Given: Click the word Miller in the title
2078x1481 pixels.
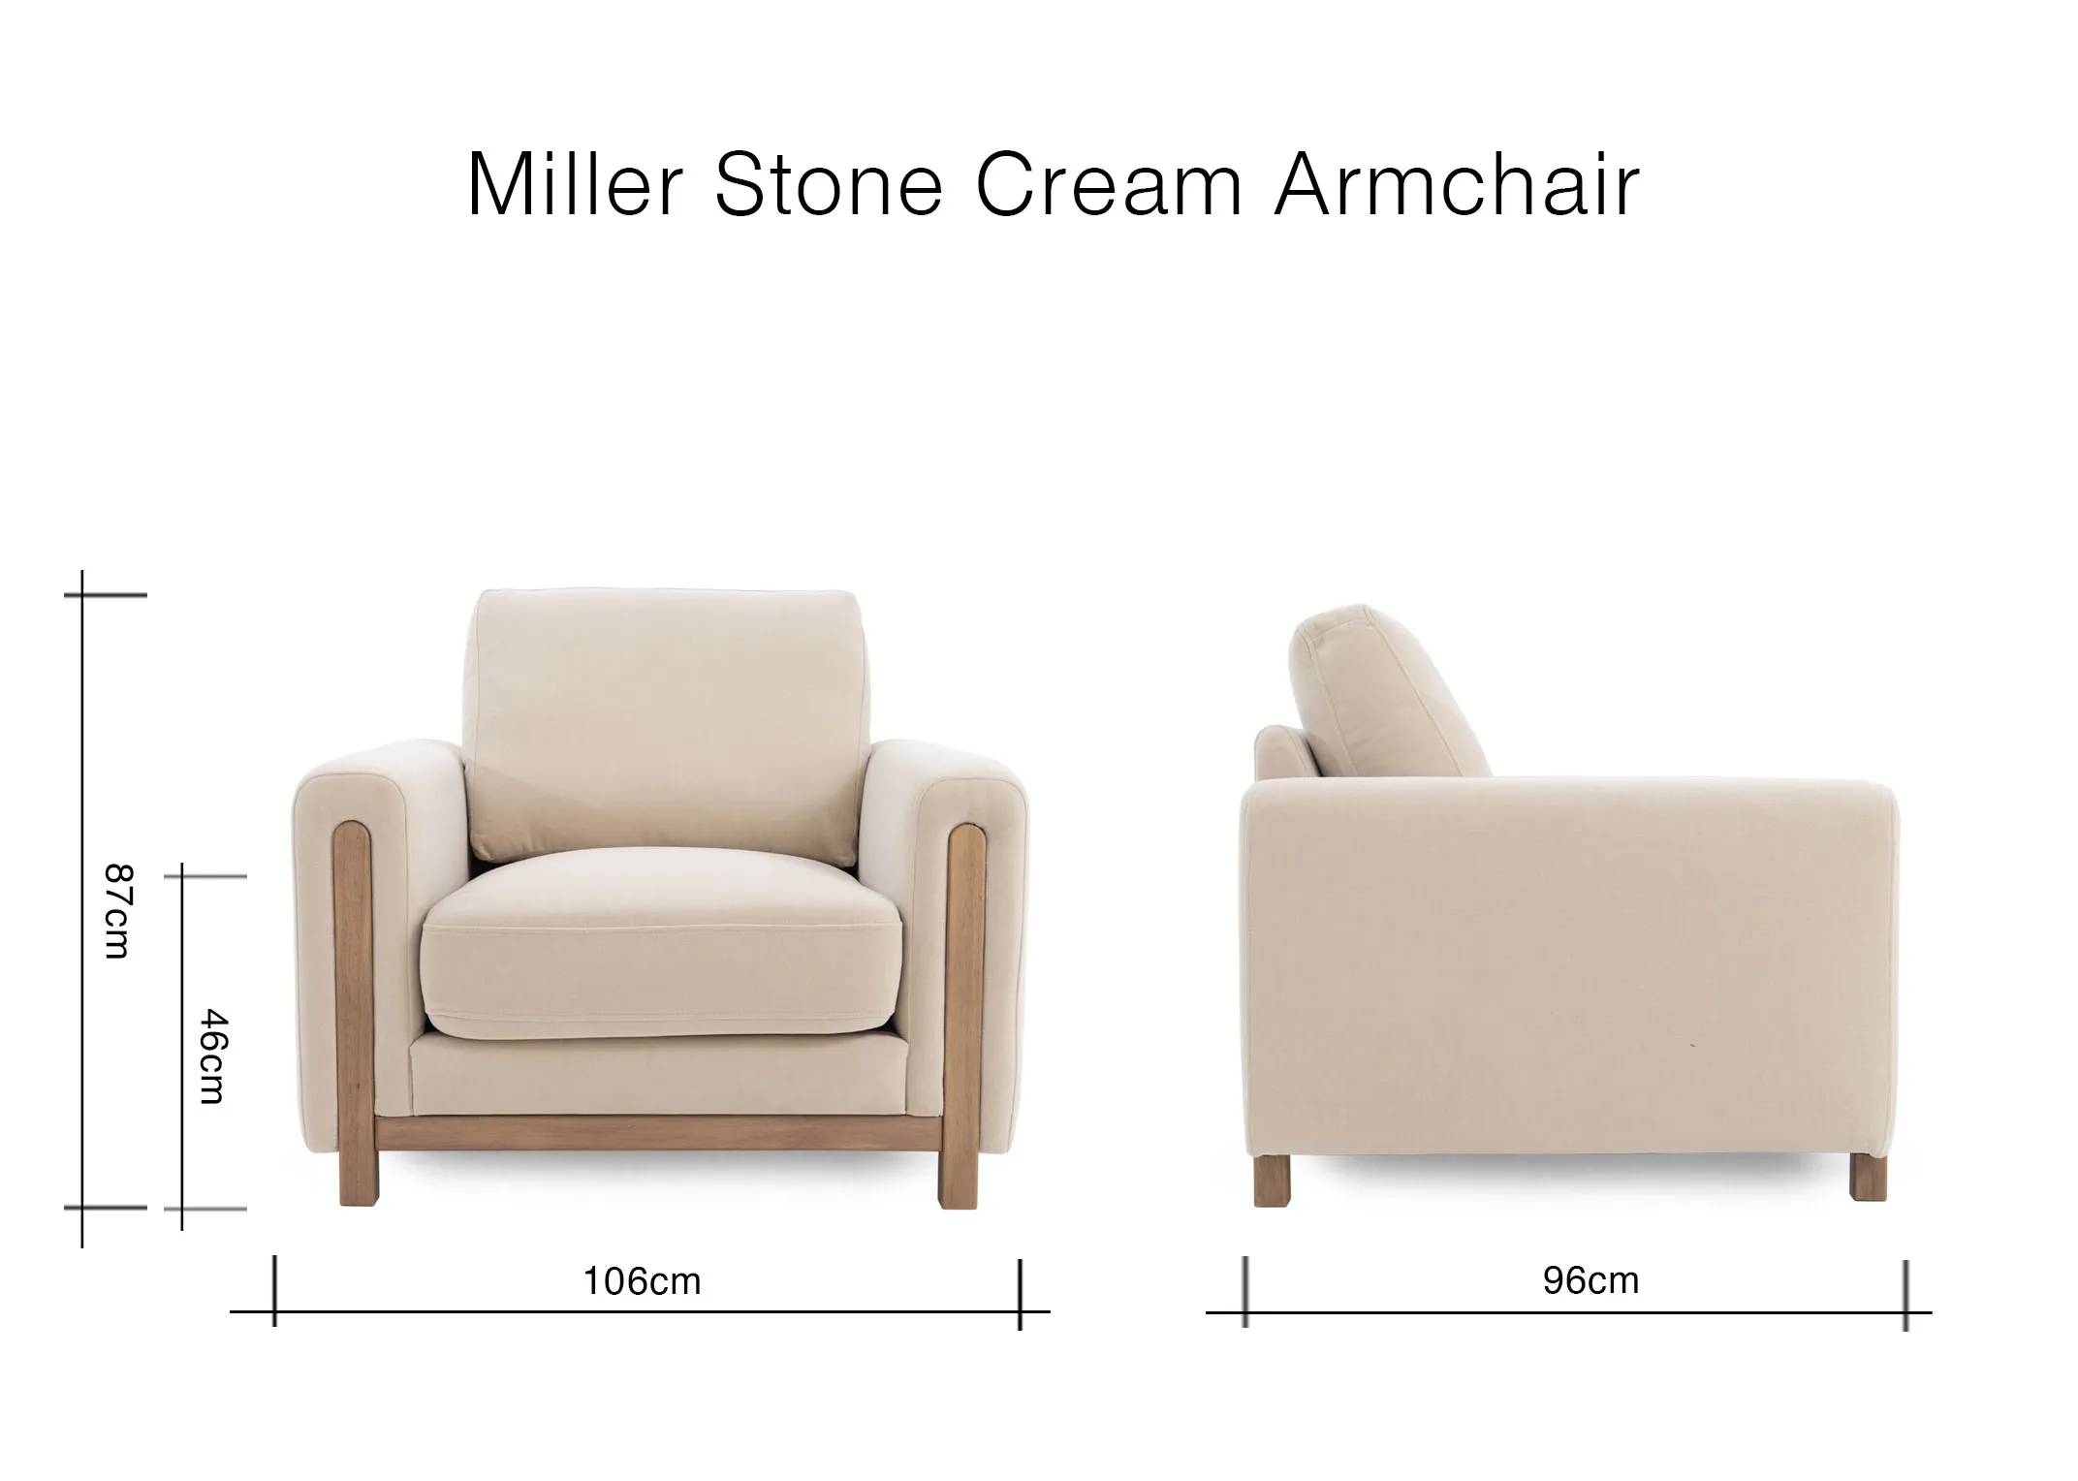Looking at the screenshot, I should coord(576,184).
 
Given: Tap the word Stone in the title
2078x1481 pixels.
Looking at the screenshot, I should coord(829,184).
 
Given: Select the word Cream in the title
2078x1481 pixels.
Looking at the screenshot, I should coord(1109,184).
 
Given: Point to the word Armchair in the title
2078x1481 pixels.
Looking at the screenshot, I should coord(1457,184).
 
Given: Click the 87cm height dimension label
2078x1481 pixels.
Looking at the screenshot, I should coord(116,911).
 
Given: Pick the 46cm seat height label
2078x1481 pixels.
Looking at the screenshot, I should coord(212,1056).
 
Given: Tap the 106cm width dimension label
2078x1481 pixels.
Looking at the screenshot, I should coord(642,1281).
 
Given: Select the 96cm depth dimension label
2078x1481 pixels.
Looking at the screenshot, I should coord(1590,1280).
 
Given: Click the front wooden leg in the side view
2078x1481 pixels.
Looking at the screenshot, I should coord(1868,1177).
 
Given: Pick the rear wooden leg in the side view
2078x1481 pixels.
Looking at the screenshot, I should coord(1272,1182).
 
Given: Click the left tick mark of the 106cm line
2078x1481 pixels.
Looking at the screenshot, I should coord(275,1291).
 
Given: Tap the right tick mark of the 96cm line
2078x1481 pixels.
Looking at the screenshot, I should coord(1905,1295).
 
